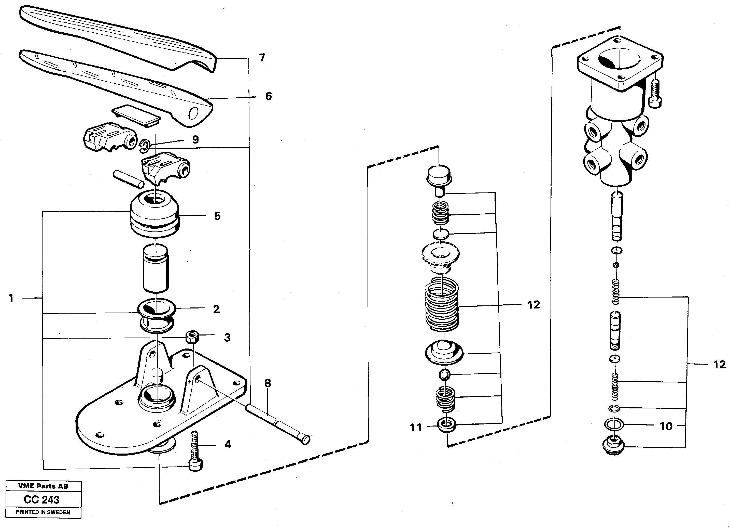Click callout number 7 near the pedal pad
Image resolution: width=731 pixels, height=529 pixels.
point(262,58)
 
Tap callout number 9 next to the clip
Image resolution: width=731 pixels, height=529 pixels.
point(195,139)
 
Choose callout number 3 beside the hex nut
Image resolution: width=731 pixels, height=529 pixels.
point(227,338)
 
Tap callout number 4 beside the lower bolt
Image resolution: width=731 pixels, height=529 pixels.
point(228,444)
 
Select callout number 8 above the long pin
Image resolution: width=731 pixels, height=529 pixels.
point(268,383)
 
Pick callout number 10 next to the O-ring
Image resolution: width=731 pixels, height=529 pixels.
point(666,426)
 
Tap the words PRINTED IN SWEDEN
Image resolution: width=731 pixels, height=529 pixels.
point(43,512)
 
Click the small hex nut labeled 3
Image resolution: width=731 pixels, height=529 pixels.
point(192,337)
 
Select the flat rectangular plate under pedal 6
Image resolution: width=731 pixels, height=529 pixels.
point(136,115)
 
